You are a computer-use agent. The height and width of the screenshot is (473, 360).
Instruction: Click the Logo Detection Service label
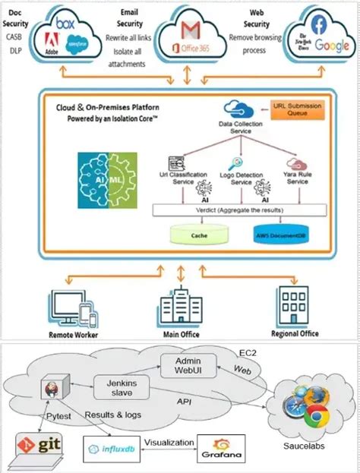[240, 180]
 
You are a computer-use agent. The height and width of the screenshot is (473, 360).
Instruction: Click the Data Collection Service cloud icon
[235, 111]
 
